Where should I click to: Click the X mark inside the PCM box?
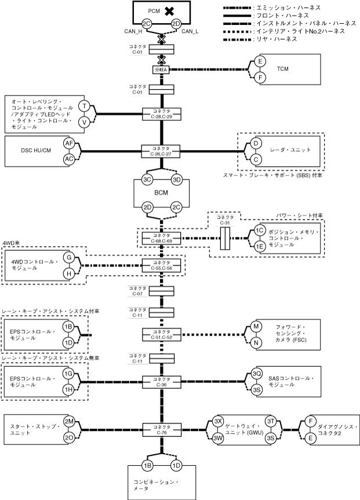click(169, 12)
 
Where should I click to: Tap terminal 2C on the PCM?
click(147, 24)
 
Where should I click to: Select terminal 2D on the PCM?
click(176, 24)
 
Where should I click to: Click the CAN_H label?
click(133, 31)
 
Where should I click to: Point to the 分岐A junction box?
click(162, 69)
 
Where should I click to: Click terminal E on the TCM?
click(260, 61)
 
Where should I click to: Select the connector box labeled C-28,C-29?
click(162, 114)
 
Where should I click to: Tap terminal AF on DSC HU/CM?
click(69, 143)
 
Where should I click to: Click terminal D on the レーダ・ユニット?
click(256, 144)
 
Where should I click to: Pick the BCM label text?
click(161, 193)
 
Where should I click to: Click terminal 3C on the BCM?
click(147, 180)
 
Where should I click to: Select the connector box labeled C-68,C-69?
click(162, 238)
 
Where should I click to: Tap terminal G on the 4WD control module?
click(69, 257)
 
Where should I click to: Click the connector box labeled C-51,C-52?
click(162, 334)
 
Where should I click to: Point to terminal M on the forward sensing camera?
click(256, 327)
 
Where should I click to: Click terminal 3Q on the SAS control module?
click(256, 374)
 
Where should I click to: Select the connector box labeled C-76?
click(162, 429)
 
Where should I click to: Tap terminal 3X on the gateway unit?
click(218, 421)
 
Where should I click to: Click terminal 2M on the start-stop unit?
click(69, 422)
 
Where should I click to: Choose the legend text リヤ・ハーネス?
click(277, 39)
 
